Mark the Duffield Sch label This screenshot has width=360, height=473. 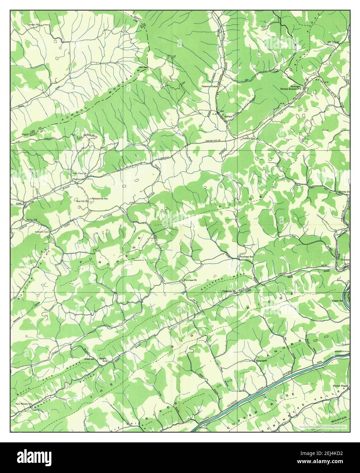(x=249, y=139)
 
